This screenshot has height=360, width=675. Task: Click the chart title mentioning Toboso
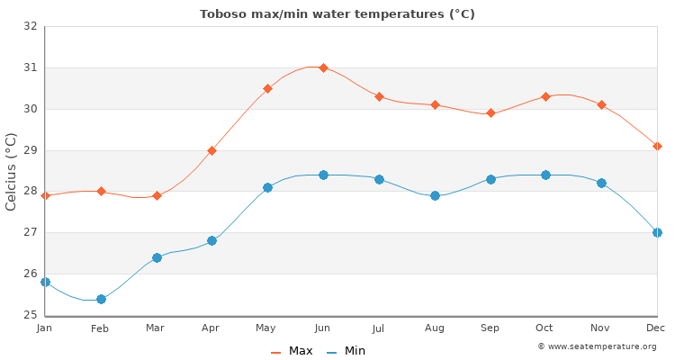(337, 13)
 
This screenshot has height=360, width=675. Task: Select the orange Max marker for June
(323, 67)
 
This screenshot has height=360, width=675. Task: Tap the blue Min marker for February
(101, 299)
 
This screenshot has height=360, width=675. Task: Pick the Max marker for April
(211, 150)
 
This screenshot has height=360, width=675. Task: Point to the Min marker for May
(267, 187)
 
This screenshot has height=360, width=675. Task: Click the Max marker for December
(657, 146)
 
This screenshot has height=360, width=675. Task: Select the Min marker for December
(657, 232)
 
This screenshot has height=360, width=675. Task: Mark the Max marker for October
(545, 96)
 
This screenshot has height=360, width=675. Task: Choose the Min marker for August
(435, 195)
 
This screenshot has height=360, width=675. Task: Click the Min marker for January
(45, 282)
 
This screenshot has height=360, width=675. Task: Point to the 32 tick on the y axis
(31, 26)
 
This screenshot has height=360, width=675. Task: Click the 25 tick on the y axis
(31, 315)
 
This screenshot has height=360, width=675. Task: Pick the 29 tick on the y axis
(31, 150)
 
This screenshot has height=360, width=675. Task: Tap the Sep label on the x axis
(490, 328)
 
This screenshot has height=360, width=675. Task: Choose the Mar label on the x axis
(157, 328)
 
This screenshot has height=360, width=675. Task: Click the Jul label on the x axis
(379, 328)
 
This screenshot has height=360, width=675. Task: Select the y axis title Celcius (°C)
(12, 171)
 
